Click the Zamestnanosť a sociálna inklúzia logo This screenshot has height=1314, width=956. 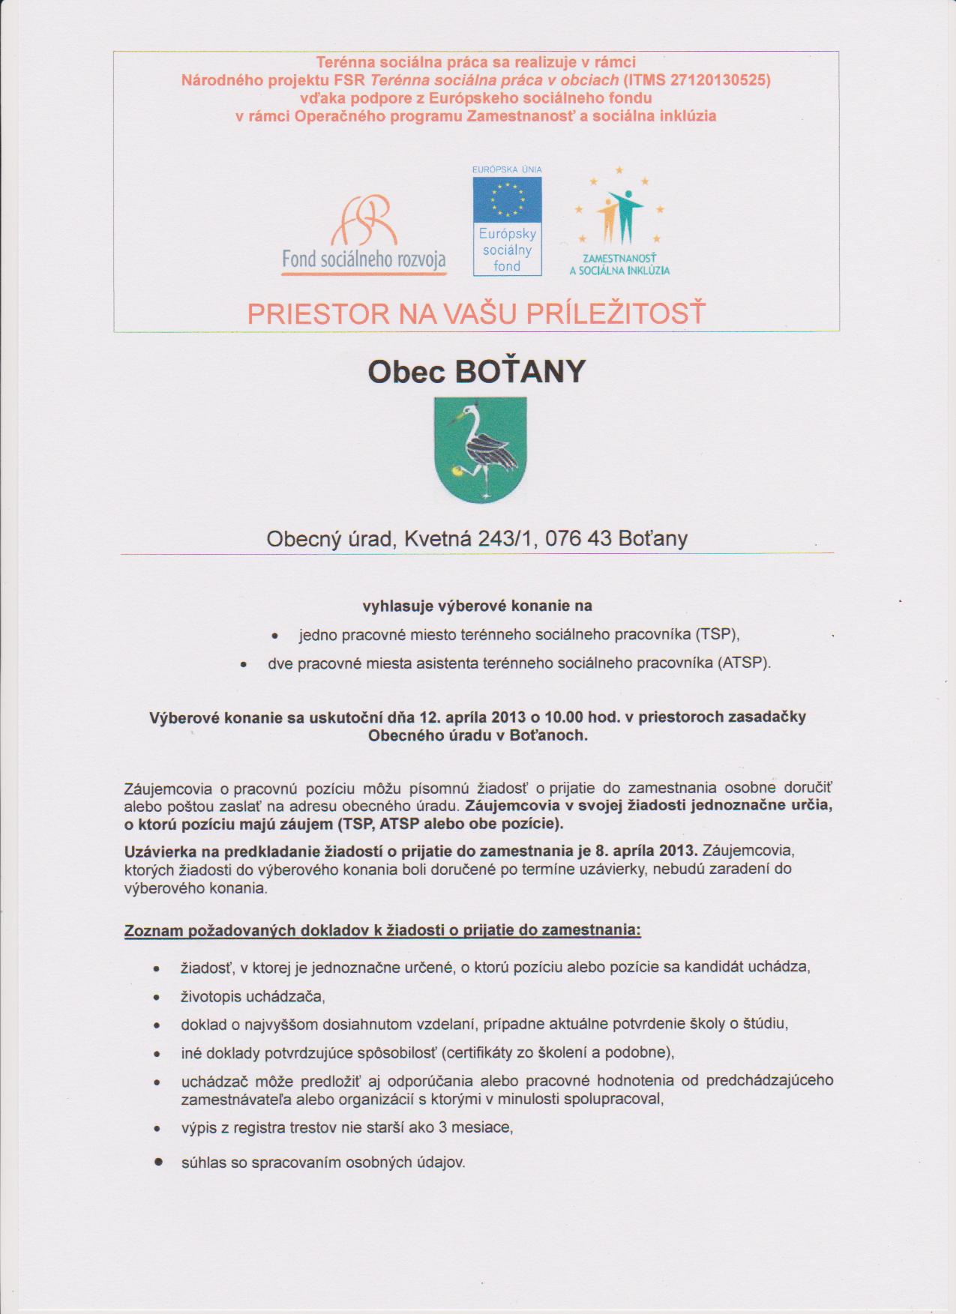coord(619,221)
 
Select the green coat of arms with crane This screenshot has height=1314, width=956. coord(481,450)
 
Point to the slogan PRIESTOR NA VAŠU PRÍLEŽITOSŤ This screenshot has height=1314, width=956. coord(477,313)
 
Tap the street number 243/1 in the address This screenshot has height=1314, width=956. coord(507,538)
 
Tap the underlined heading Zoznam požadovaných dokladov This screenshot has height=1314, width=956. coord(382,930)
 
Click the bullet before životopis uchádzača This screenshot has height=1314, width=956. coord(157,998)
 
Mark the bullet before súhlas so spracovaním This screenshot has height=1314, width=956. coord(158,1162)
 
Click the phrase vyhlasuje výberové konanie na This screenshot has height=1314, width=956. coord(477,606)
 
